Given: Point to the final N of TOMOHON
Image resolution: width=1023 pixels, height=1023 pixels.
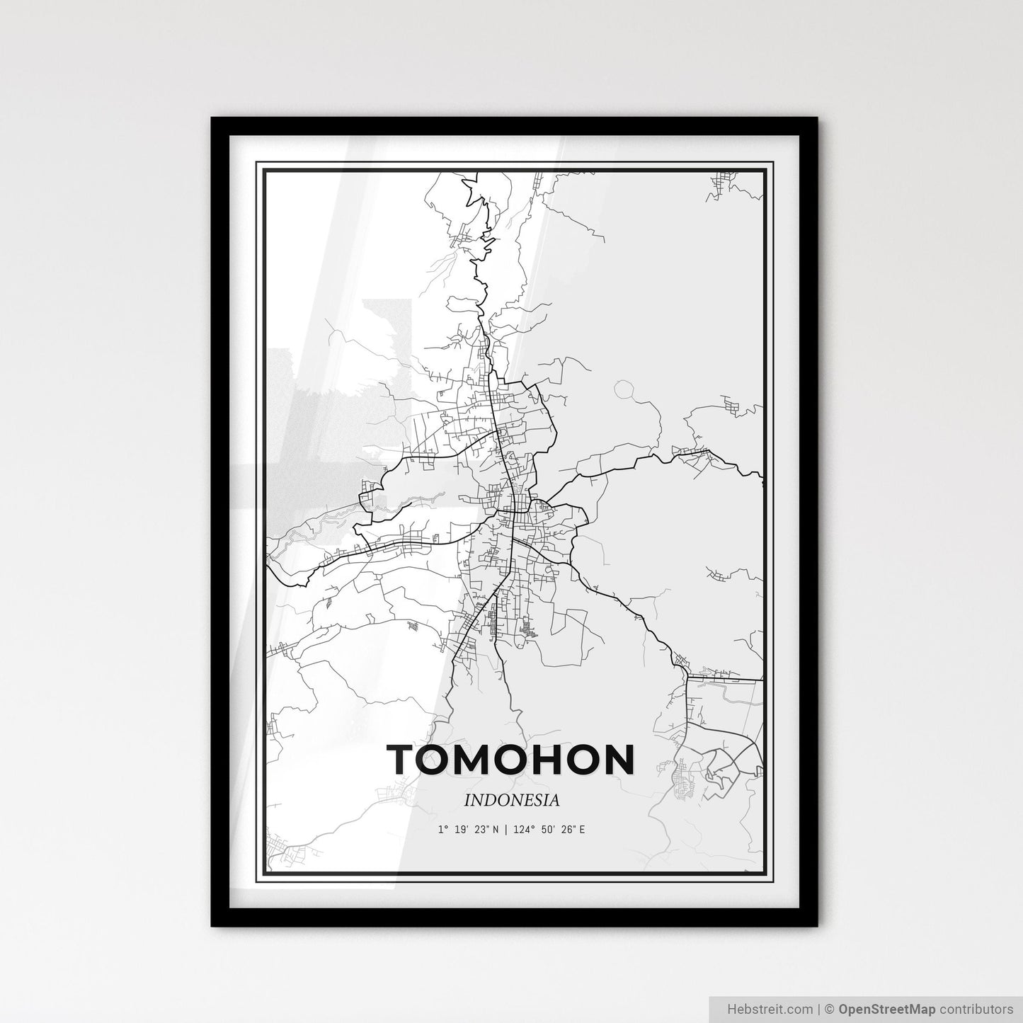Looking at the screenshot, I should pos(617,760).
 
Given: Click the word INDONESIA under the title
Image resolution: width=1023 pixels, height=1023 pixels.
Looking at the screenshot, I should pos(512,801).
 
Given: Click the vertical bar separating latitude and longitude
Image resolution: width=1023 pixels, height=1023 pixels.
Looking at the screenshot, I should pos(506,829).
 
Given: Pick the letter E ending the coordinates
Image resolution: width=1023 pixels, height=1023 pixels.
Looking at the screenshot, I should pos(582,829).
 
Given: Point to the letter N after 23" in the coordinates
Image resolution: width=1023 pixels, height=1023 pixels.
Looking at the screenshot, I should pos(494,829).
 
